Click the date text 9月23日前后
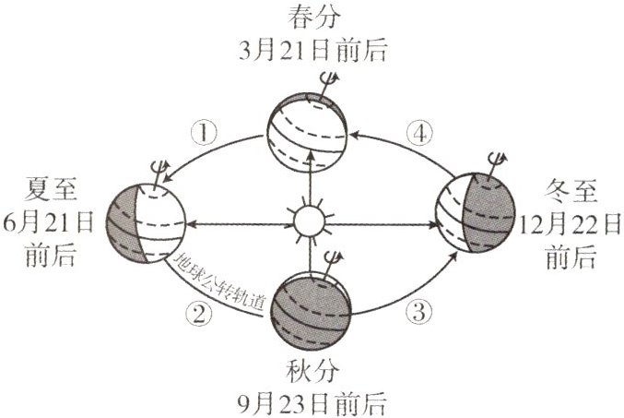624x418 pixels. point(311,402)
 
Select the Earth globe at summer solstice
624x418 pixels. point(147,222)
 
